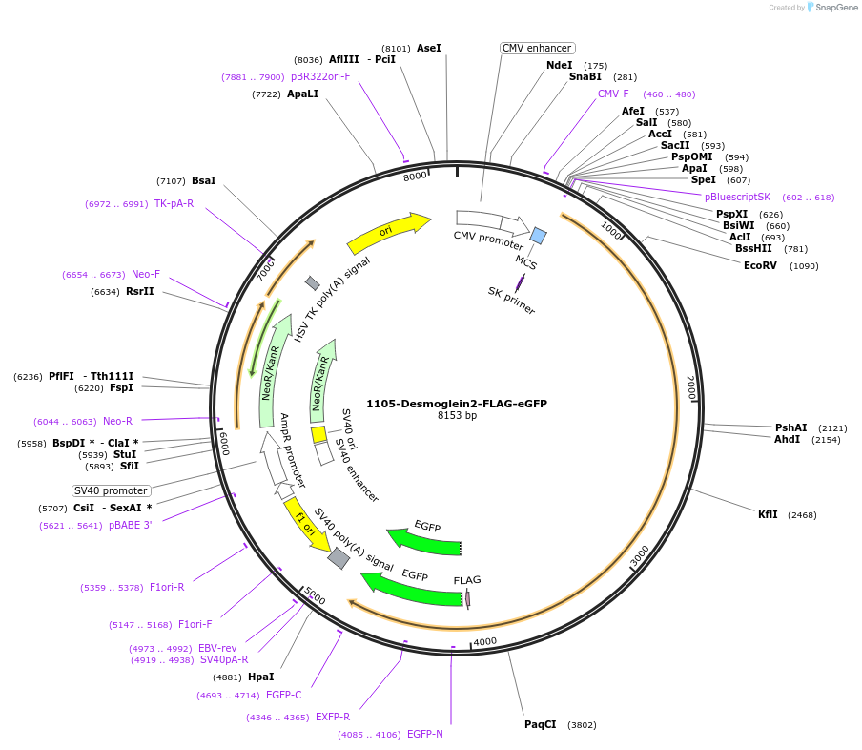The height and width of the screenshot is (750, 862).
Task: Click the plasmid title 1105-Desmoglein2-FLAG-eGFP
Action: pos(457,404)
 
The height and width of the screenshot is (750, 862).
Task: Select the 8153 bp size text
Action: pos(457,416)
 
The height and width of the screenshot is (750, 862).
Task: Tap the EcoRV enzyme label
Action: pos(761,265)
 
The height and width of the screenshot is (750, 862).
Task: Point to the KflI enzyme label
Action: pos(768,514)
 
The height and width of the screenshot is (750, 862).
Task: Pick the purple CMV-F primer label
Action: pos(613,94)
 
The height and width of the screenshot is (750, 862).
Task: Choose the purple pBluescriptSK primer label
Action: pos(737,197)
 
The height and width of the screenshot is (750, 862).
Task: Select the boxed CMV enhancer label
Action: pos(537,48)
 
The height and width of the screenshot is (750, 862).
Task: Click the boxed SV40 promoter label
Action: pos(112,490)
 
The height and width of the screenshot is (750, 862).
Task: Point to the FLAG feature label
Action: pos(467,580)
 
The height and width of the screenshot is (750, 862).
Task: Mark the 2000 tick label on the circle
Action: pos(691,387)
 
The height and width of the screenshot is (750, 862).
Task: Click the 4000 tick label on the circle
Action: pos(485,642)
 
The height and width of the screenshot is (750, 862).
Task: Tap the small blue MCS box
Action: pos(539,236)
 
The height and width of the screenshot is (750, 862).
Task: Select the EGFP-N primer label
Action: pos(424,734)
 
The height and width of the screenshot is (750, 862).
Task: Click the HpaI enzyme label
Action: pos(260,677)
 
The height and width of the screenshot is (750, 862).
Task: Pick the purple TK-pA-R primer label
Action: pos(174,203)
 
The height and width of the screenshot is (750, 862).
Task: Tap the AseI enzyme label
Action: pos(429,48)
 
